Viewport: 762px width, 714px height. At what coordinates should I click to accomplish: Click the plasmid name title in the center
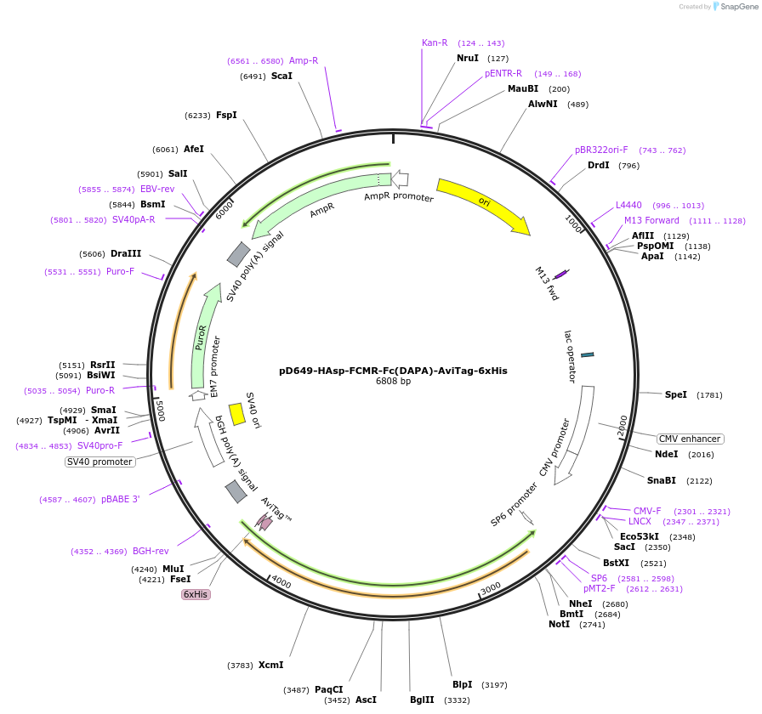393,371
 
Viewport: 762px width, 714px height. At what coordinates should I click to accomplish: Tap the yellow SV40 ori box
237,414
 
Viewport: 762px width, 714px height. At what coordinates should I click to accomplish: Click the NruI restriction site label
468,58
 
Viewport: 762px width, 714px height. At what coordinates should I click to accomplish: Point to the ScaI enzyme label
281,76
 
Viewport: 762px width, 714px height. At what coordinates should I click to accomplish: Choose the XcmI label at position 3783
270,665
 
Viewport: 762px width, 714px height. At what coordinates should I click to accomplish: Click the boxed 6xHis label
196,594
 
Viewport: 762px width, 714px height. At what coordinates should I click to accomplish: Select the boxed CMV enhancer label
690,439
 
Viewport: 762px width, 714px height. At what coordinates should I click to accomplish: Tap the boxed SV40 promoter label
100,462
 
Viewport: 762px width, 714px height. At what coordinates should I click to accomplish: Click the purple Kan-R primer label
435,42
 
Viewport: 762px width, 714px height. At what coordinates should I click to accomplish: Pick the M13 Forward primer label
651,220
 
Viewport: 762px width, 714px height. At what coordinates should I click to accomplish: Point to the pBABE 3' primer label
120,499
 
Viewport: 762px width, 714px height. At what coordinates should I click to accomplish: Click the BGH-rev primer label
151,551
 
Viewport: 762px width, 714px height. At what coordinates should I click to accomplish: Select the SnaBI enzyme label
661,480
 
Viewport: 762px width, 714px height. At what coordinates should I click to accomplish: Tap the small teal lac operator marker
588,354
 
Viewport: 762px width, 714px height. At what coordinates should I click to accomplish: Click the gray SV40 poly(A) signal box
239,253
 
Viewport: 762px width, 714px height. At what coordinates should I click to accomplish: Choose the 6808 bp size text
393,382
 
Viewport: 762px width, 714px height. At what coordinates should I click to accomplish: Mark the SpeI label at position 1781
676,394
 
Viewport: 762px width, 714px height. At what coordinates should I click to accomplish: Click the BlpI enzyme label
462,684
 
